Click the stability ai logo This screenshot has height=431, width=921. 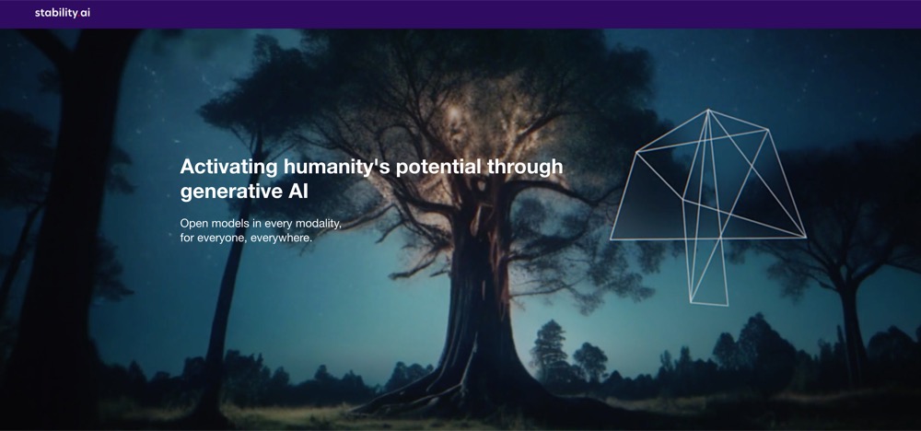(x=63, y=13)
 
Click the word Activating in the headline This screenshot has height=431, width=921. (x=228, y=168)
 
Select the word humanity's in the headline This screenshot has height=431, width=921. (x=337, y=168)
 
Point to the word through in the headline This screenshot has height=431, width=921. (x=525, y=168)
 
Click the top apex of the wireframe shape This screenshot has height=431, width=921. (x=708, y=110)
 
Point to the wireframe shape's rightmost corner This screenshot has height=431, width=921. (x=806, y=238)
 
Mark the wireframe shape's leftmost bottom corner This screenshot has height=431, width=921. (x=611, y=239)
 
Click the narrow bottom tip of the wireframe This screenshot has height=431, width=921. (x=709, y=304)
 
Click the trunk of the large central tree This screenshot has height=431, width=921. (x=477, y=294)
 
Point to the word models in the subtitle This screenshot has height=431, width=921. (x=227, y=225)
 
